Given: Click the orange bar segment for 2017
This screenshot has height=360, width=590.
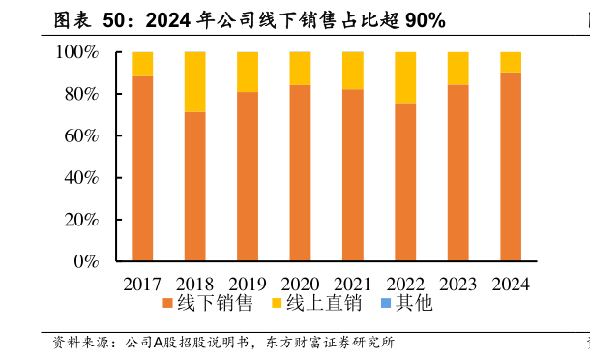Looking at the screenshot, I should coord(142,168).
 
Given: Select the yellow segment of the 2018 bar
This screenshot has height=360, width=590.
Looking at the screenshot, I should coord(194,82).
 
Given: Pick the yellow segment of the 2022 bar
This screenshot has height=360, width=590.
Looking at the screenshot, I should coord(405,77).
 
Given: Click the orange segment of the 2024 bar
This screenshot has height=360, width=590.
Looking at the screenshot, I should coord(511,166).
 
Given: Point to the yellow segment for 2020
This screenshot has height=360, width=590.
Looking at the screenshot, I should coord(300,69).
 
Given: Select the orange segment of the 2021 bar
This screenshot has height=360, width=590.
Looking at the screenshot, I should coord(353,175).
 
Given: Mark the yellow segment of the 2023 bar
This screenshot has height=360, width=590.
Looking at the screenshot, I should coord(457,69).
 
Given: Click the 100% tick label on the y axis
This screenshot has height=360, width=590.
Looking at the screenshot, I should coord(77,52).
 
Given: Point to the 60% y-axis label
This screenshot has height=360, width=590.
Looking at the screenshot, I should coord(81,136).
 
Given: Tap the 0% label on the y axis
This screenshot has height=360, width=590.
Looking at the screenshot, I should coord(87,261).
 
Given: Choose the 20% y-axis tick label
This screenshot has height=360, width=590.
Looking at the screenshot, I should coord(81,220).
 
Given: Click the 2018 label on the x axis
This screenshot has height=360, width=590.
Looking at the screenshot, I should coord(194,285).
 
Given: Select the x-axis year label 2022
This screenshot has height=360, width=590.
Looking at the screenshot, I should coord(405,285).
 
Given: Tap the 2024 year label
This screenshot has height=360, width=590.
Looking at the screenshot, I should coord(511,285).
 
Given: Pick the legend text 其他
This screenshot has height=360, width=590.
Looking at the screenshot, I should coord(414,304).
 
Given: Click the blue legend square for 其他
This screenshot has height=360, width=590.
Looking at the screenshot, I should coord(386,304).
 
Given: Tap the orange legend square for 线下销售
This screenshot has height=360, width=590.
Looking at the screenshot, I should coord(167,304).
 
